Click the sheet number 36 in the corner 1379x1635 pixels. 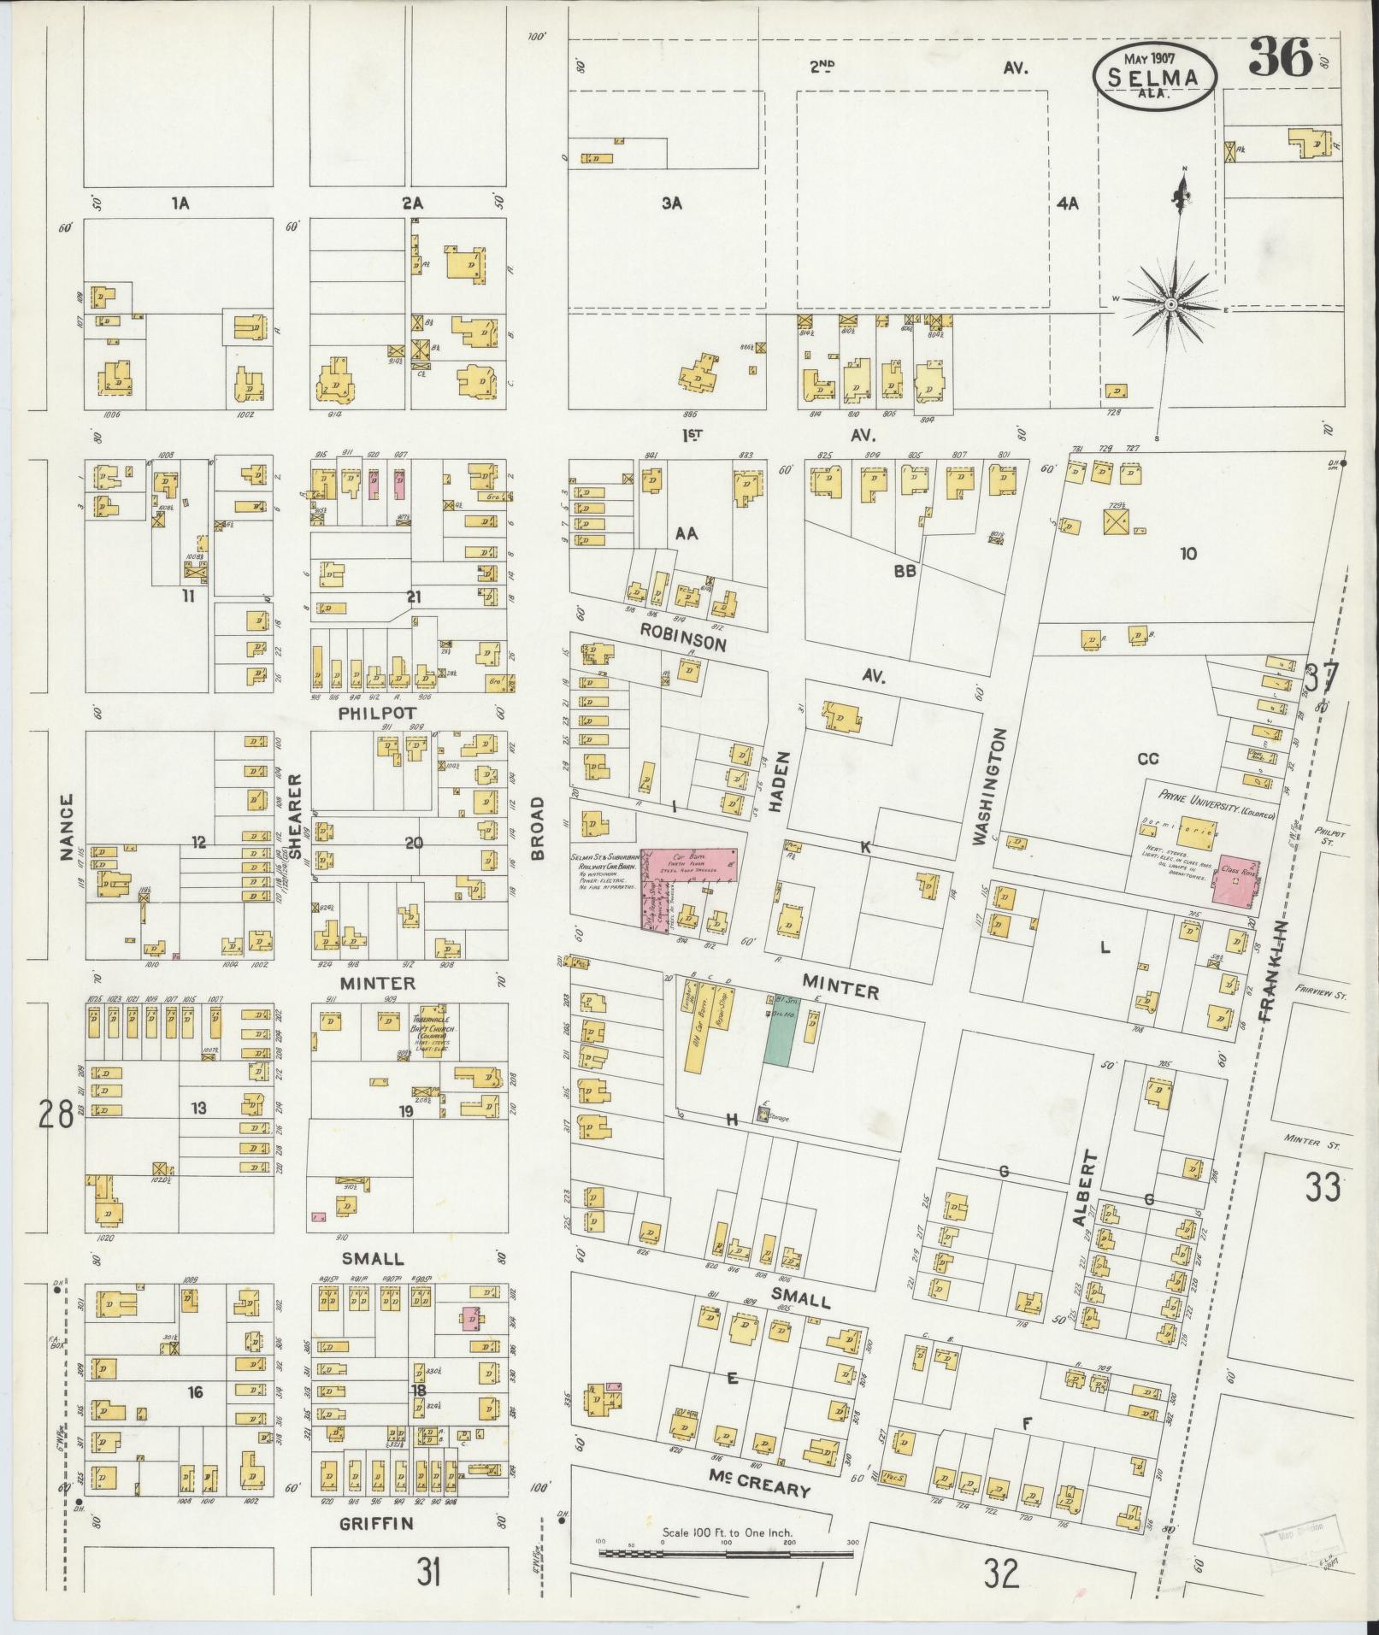point(1281,59)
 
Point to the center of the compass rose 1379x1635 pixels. point(1170,305)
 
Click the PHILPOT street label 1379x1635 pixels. point(377,712)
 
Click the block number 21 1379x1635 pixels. point(414,597)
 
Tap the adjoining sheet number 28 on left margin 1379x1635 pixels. point(54,1114)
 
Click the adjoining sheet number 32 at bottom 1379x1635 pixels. point(1001,1572)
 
